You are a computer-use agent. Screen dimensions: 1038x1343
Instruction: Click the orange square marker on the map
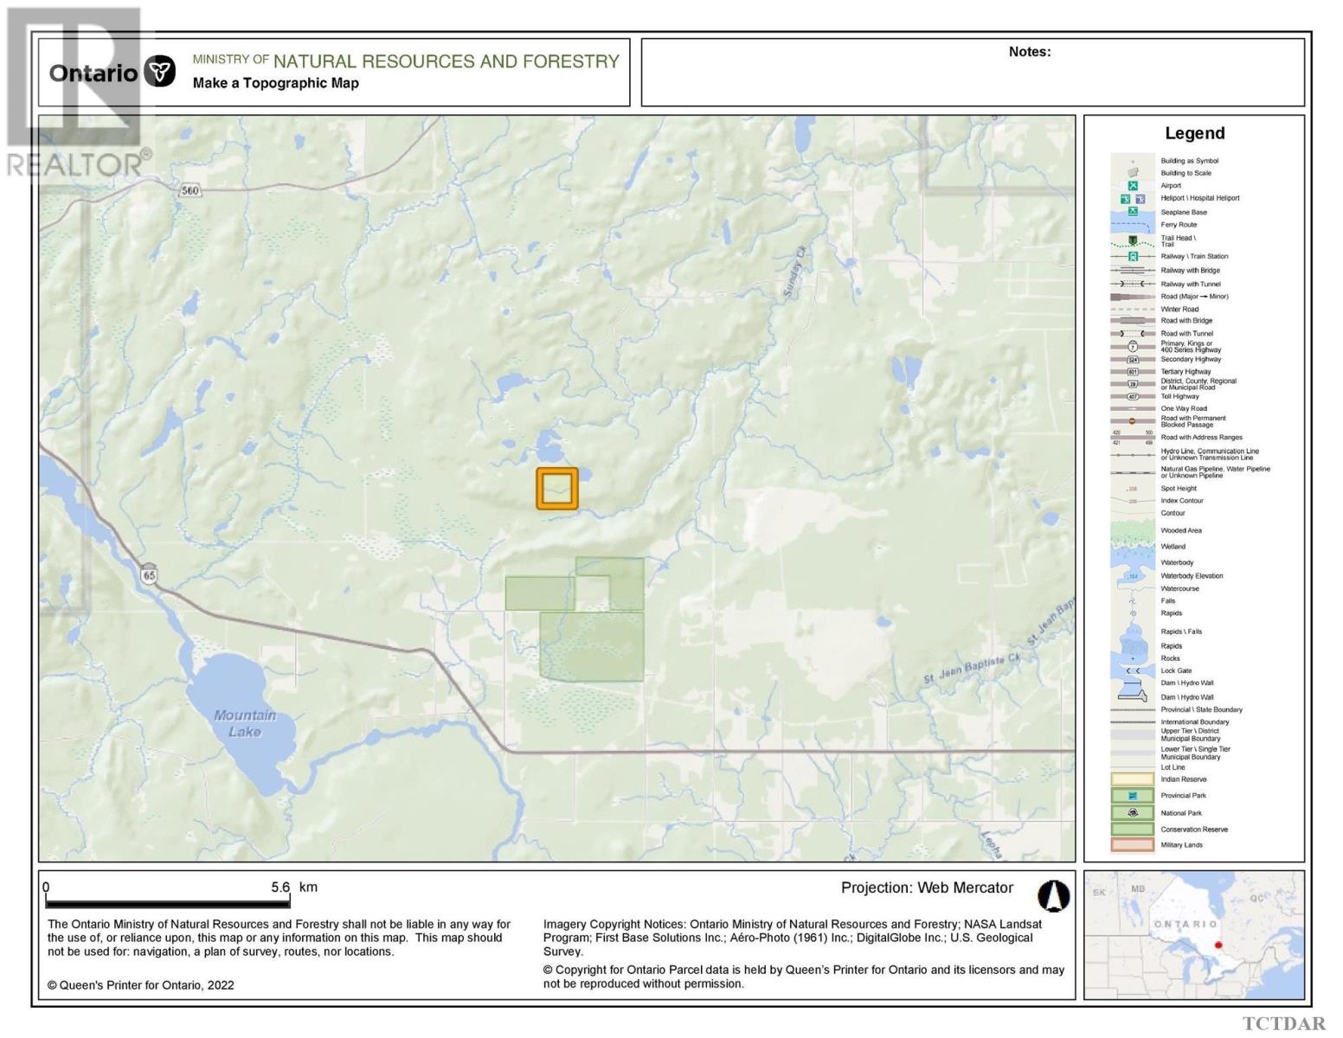coord(556,488)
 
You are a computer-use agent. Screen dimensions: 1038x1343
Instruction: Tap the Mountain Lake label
coord(245,723)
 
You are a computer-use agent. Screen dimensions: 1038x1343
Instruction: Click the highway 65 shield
coord(150,574)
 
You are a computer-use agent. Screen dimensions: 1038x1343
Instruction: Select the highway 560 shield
coord(190,190)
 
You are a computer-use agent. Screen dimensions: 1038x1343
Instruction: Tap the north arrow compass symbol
coord(1053,896)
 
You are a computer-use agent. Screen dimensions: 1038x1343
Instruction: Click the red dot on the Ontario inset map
coord(1218,945)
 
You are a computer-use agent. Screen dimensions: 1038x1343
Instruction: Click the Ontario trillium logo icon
coord(159,72)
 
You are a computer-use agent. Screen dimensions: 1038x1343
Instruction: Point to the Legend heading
coord(1194,133)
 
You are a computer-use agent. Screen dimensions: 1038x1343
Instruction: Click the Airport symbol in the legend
coord(1132,185)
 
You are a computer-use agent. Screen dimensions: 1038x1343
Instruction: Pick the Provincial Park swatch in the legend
coord(1132,796)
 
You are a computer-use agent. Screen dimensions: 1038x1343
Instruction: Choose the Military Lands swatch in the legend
coord(1132,845)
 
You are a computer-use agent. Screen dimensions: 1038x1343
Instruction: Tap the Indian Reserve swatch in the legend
coord(1132,779)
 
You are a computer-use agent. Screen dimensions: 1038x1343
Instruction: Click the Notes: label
coord(1029,52)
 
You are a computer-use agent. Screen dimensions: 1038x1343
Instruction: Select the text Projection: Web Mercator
coord(926,887)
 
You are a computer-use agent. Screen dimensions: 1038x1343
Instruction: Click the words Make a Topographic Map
coord(275,83)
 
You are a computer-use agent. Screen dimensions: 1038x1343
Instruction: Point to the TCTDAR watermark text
coord(1283,1024)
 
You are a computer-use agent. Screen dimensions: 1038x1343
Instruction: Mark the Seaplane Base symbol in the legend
coord(1132,212)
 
